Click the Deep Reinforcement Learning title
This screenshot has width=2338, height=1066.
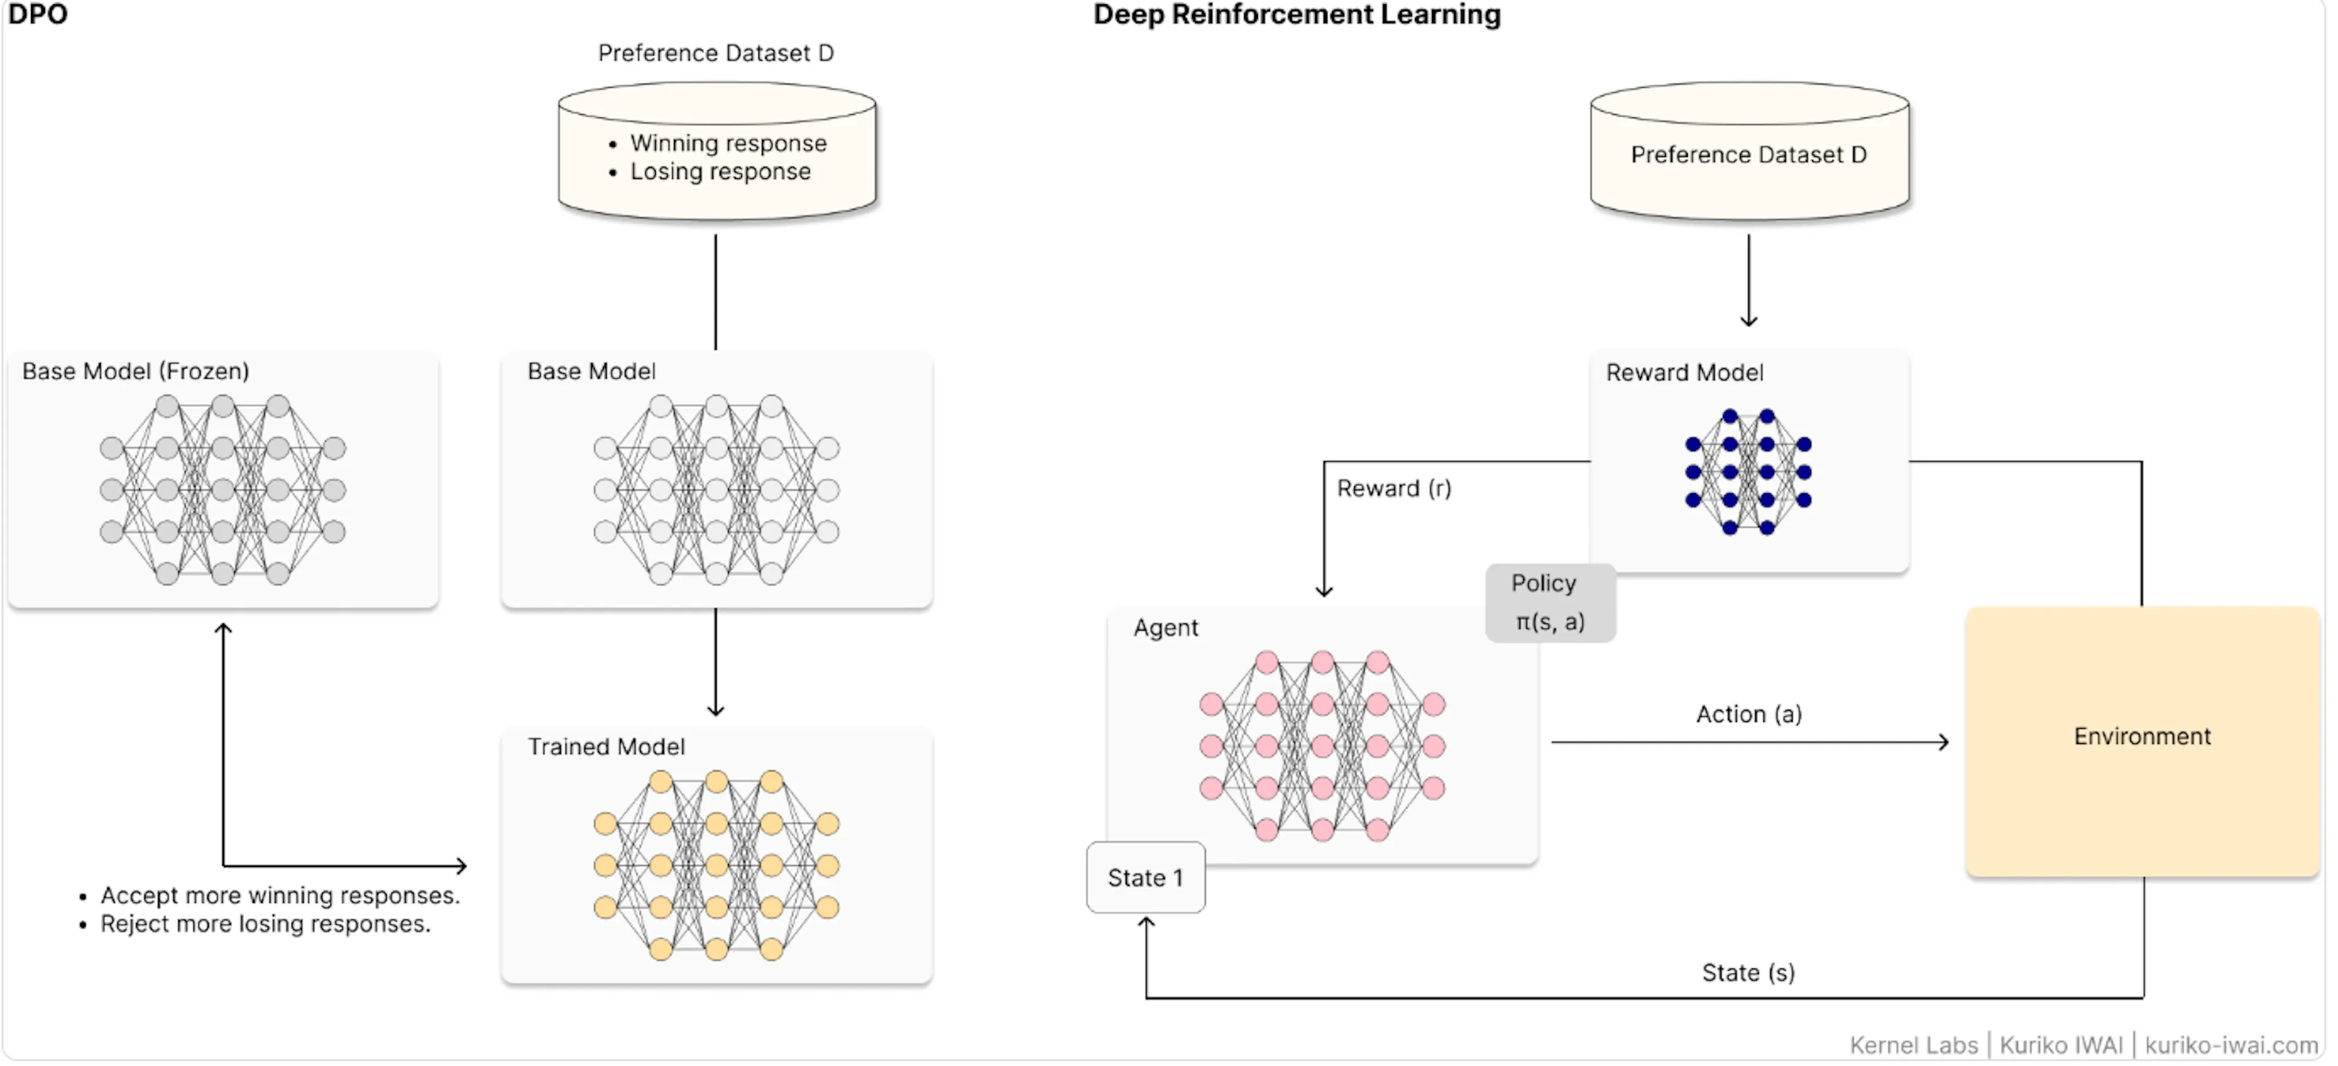point(1296,15)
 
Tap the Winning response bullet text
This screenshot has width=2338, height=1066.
point(728,143)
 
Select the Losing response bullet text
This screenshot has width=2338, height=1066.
point(720,172)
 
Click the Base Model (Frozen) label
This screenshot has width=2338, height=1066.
point(135,372)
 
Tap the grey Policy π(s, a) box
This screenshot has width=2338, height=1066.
point(1550,603)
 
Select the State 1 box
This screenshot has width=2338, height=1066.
point(1145,878)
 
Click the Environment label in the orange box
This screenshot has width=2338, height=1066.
point(2141,737)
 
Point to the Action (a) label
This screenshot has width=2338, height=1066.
point(1748,715)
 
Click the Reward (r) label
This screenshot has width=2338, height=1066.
point(1393,489)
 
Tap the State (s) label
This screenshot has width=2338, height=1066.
point(1747,973)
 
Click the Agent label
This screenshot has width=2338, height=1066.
point(1165,629)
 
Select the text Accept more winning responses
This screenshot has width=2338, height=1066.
point(279,896)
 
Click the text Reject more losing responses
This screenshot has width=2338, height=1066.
point(265,925)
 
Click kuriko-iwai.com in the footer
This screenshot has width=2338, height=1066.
point(2231,1046)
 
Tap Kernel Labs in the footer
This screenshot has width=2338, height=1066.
point(1913,1046)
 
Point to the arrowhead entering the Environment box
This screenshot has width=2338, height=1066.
point(1943,743)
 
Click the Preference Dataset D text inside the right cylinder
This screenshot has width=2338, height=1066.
point(1748,155)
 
